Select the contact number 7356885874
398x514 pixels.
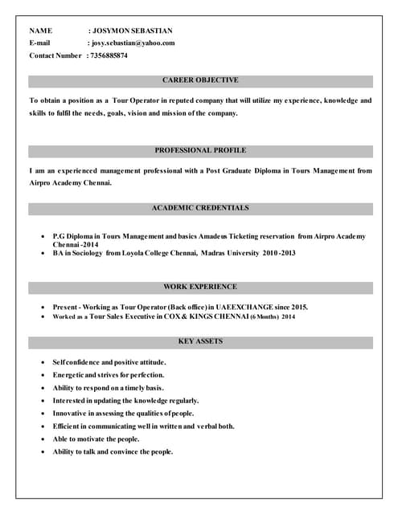(109, 55)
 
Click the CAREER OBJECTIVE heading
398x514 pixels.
(200, 80)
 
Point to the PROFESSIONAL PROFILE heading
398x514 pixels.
(200, 150)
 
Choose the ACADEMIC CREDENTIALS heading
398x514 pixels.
(200, 208)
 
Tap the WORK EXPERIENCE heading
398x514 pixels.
(200, 286)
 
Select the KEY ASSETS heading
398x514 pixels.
(200, 341)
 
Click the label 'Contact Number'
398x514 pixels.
(55, 55)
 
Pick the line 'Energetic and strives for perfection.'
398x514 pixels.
(109, 375)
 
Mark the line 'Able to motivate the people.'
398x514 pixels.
(96, 439)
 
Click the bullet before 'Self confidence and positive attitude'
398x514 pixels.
(42, 363)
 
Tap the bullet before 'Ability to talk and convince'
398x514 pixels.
(42, 452)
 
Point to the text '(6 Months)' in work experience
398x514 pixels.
(262, 317)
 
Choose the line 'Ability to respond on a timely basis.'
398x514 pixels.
(108, 388)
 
